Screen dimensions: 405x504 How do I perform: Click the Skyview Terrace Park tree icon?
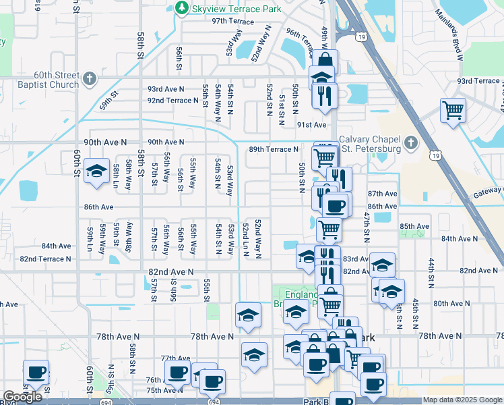[x=181, y=7]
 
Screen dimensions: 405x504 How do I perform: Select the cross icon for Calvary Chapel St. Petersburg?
[x=412, y=143]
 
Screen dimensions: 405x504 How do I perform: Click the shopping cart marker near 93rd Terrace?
[x=453, y=109]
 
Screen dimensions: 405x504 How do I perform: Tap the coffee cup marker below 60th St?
[x=36, y=371]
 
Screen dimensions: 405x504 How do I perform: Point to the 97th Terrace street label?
[x=232, y=22]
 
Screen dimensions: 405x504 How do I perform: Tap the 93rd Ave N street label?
[x=166, y=89]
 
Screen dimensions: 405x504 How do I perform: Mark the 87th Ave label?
[x=382, y=194]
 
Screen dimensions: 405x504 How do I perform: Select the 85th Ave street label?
[x=414, y=226]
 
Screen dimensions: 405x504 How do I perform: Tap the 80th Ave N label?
[x=447, y=304]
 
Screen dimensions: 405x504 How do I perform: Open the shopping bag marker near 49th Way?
[x=325, y=62]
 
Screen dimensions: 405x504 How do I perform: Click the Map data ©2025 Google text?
[x=462, y=400]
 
